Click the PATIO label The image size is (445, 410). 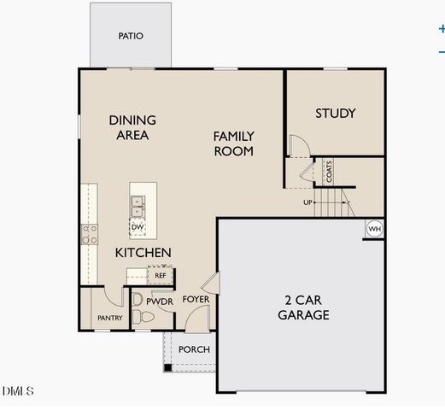[131, 37]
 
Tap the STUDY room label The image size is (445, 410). [335, 114]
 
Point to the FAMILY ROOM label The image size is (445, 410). [233, 143]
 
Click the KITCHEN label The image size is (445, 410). [143, 253]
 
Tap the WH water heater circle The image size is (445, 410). [374, 229]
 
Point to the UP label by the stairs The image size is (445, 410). [307, 202]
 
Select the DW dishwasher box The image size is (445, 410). [137, 227]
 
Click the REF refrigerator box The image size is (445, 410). [159, 275]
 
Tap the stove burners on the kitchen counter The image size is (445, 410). [89, 234]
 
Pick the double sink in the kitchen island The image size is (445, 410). [137, 206]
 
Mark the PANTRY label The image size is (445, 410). [109, 319]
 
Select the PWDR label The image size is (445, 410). [160, 302]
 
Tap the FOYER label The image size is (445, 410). [196, 300]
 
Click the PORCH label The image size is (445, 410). [194, 349]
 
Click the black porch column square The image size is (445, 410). [168, 367]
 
